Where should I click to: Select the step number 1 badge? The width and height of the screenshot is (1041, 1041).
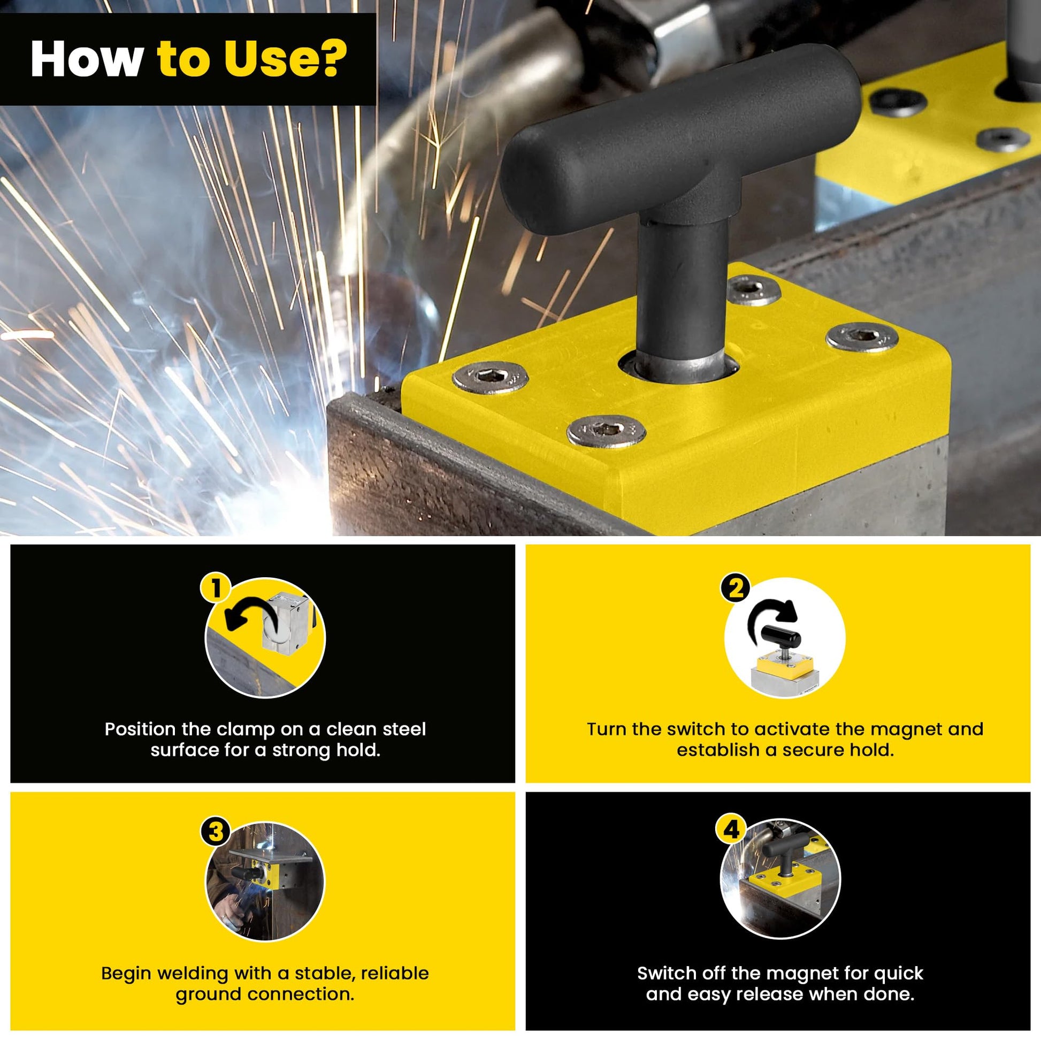(x=216, y=588)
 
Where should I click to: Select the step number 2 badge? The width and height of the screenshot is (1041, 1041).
(x=736, y=588)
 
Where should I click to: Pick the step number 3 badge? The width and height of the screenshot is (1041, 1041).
(x=216, y=831)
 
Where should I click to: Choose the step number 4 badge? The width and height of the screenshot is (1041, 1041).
(x=731, y=830)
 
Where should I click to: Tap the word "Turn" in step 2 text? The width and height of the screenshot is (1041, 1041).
(x=607, y=730)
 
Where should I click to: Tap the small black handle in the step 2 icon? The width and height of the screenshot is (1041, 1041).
(x=782, y=638)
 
